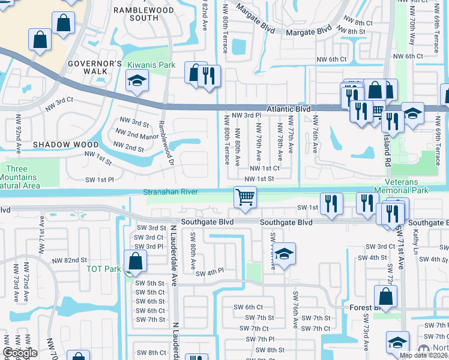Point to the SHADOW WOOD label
(x=65, y=145)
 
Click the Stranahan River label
(x=170, y=193)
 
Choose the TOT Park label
(x=104, y=269)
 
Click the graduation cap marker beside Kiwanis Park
(x=137, y=82)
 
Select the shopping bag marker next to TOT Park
(x=136, y=262)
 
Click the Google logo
(x=20, y=353)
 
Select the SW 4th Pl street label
(x=209, y=272)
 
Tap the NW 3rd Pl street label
(x=246, y=115)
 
